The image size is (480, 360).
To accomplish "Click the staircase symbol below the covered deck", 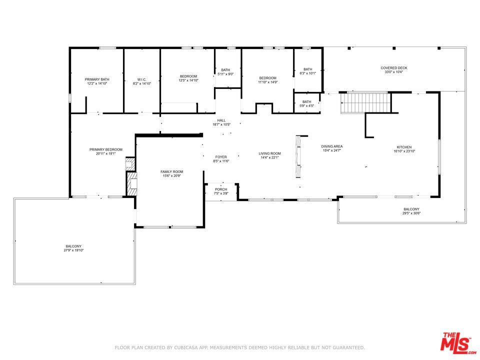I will [364, 103].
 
